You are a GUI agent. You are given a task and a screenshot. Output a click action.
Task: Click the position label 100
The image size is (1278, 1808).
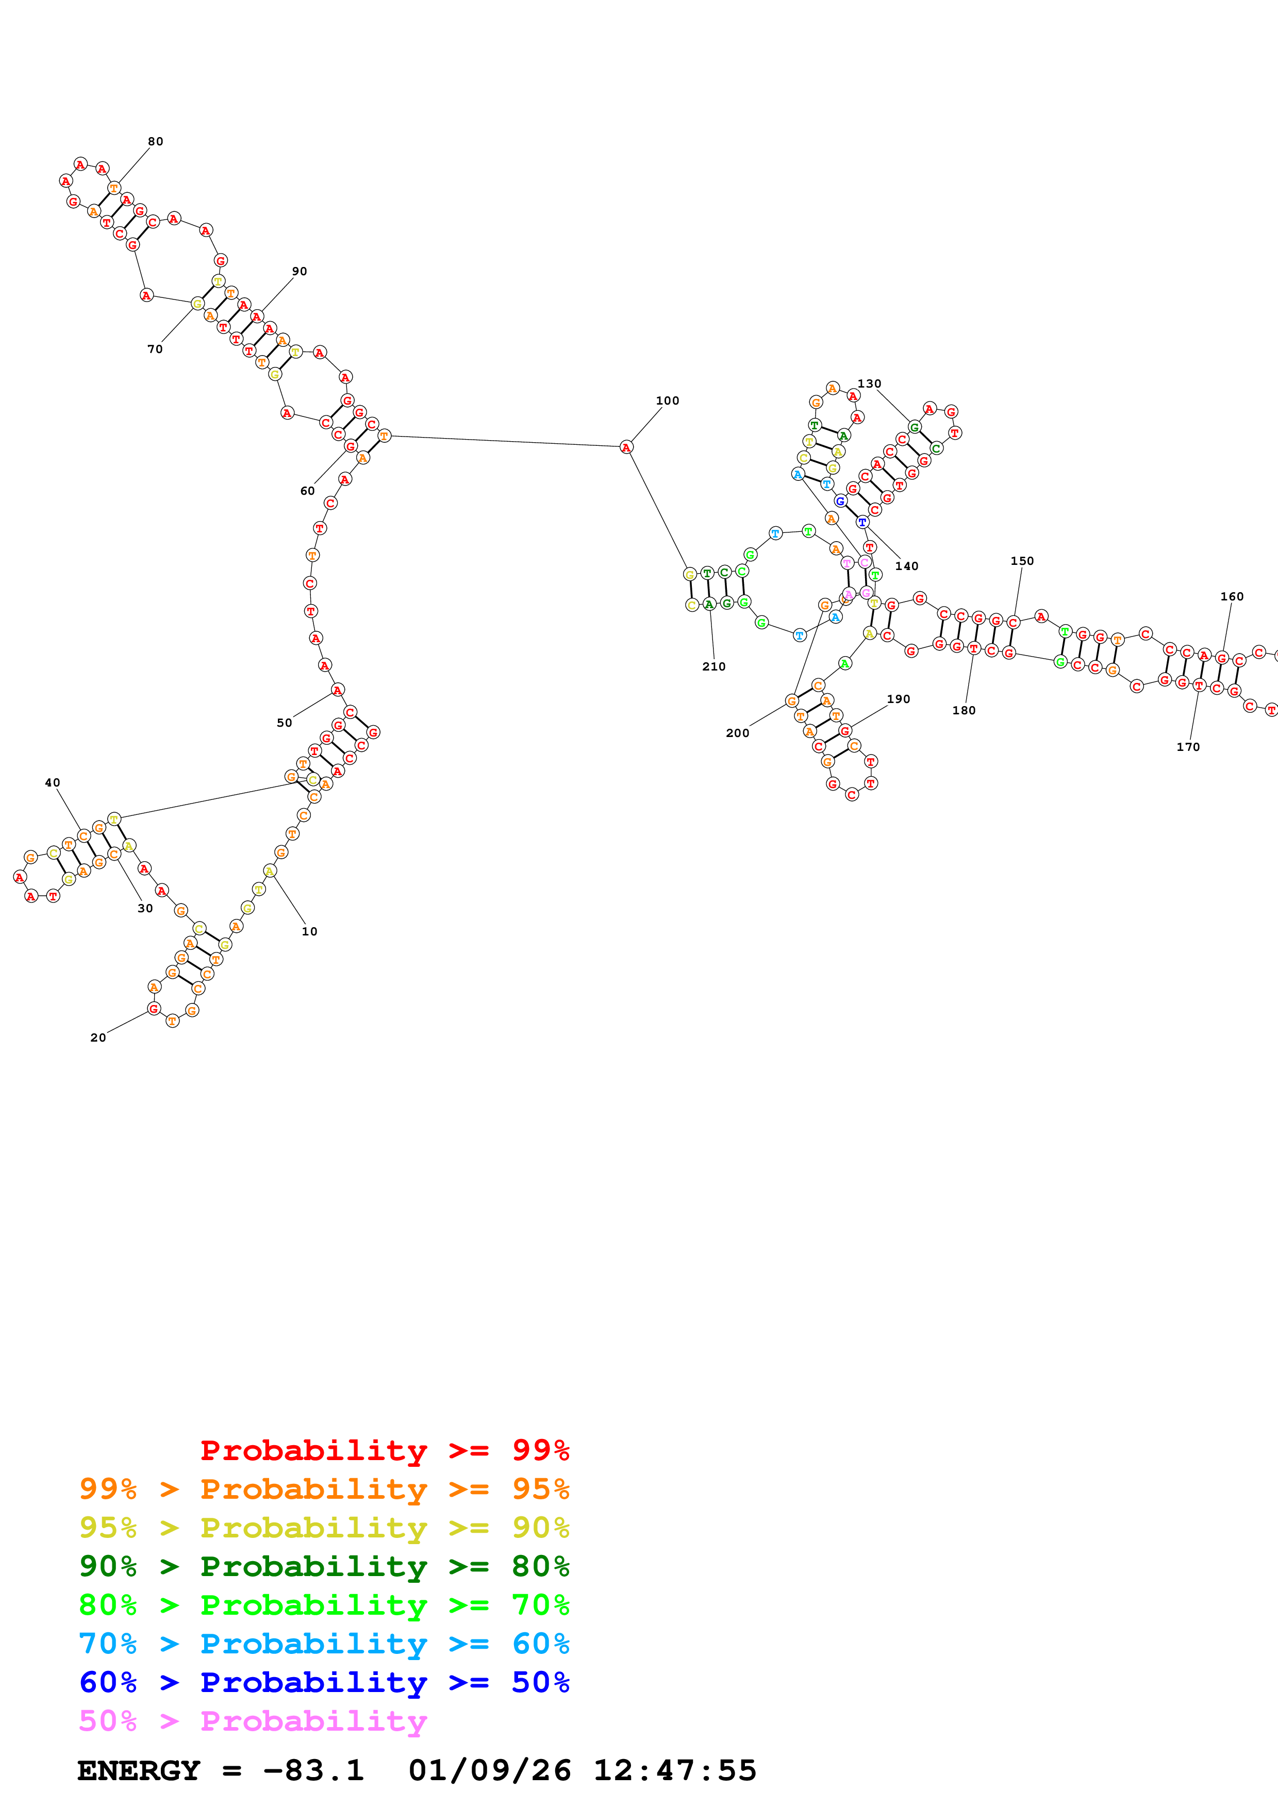(x=667, y=401)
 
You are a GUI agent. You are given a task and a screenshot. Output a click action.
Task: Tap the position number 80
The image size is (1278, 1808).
(x=155, y=142)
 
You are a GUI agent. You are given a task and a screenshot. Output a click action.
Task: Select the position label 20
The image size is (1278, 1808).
(x=97, y=1038)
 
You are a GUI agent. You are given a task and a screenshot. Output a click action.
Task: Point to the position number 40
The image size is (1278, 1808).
(x=52, y=783)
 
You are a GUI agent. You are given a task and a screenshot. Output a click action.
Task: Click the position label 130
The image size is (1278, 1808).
(x=869, y=384)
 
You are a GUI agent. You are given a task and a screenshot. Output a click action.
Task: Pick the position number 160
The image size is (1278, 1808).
(x=1232, y=597)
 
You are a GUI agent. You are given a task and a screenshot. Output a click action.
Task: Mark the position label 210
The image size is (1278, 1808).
(x=713, y=667)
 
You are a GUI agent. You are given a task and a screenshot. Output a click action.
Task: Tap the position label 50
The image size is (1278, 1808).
(x=284, y=723)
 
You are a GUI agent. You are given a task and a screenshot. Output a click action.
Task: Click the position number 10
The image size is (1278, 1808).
(x=309, y=931)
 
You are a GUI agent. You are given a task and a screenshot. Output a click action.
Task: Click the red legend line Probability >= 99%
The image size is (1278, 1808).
(x=384, y=1450)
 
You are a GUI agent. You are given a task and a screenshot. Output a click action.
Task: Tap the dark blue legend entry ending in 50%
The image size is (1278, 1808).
(x=324, y=1682)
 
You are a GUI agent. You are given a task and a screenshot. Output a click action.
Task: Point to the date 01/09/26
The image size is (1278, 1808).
(x=489, y=1770)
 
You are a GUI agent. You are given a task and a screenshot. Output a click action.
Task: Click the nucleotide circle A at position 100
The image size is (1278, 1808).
(x=626, y=447)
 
